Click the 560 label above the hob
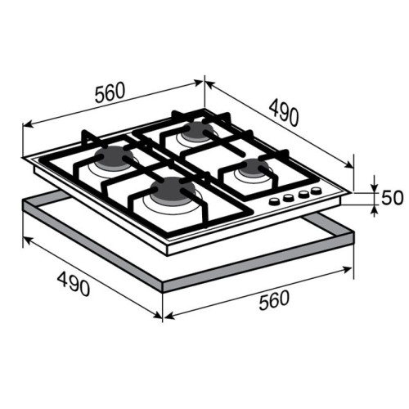point(110,92)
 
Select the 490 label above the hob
point(284,113)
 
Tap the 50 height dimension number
point(392,197)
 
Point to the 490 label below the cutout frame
point(74,284)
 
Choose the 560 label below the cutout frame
point(274,300)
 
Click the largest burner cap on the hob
point(173,191)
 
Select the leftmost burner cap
point(114,158)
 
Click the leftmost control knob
point(274,201)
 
